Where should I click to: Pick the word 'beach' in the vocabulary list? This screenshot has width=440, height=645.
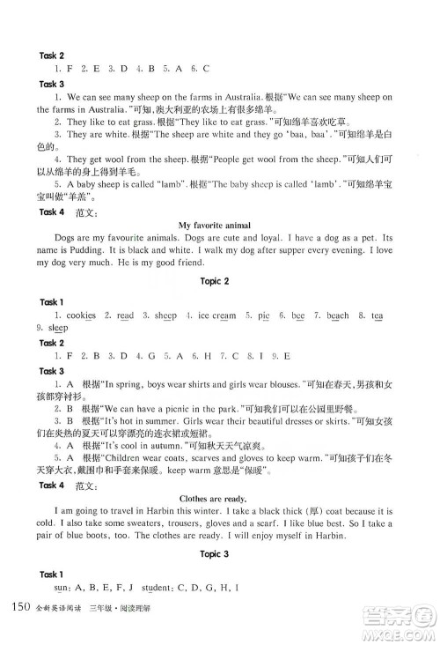pos(338,315)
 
